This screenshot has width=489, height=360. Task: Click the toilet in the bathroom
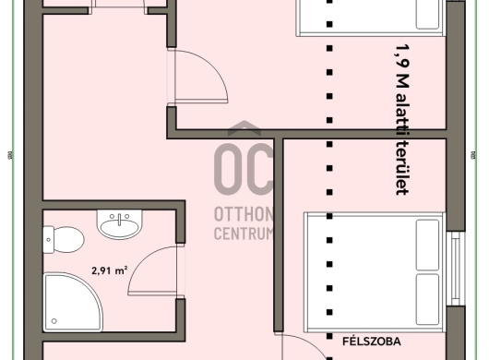point(64,240)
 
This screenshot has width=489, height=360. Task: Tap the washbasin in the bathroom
point(119,224)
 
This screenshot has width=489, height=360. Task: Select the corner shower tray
point(73,302)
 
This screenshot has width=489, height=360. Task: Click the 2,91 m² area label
point(110,270)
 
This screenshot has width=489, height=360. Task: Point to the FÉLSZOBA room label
point(372,342)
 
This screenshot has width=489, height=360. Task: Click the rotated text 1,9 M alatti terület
point(402,119)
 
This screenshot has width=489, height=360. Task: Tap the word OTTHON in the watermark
point(244,214)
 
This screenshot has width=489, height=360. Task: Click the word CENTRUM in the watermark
point(244,233)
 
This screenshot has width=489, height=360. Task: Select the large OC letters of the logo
point(244,169)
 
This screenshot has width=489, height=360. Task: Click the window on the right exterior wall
point(456,269)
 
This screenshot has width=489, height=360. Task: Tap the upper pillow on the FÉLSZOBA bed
point(427,245)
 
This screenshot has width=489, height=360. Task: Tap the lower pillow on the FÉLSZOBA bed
point(427,299)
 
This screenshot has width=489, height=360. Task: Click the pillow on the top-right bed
point(428,15)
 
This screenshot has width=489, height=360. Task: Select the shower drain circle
point(54,321)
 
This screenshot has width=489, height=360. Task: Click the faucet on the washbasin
point(119,219)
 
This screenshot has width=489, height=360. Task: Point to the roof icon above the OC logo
point(244,128)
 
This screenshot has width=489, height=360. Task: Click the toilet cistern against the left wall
point(48,240)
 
